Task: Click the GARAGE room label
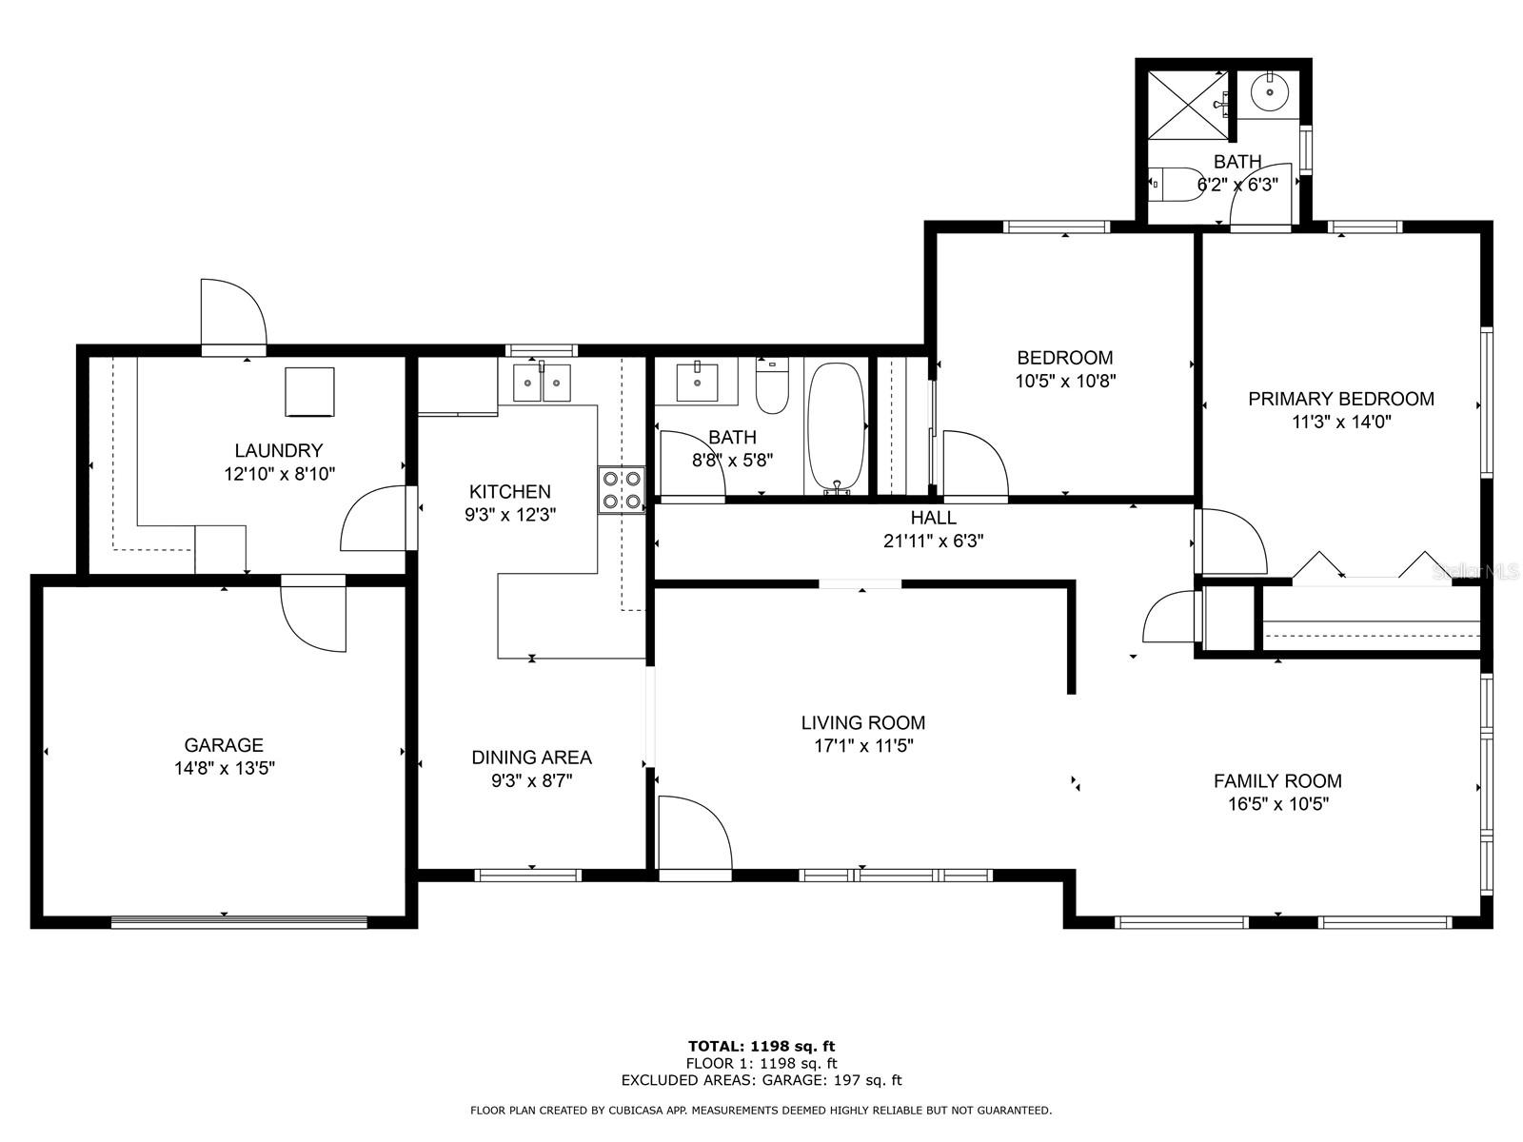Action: [x=224, y=745]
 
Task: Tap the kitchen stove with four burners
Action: [x=621, y=490]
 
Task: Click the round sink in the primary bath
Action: [x=1269, y=92]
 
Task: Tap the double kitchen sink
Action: [x=542, y=383]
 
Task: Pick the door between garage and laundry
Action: [x=314, y=613]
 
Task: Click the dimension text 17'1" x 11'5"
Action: [x=863, y=745]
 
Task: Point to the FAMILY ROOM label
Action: [x=1277, y=781]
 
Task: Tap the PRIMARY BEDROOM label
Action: [x=1340, y=399]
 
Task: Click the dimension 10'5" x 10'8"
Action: [x=1065, y=381]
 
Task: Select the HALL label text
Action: [x=933, y=518]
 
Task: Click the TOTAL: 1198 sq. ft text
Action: [x=761, y=1046]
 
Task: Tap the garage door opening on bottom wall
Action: [x=238, y=921]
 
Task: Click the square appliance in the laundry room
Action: [x=309, y=391]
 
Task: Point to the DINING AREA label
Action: [x=531, y=758]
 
